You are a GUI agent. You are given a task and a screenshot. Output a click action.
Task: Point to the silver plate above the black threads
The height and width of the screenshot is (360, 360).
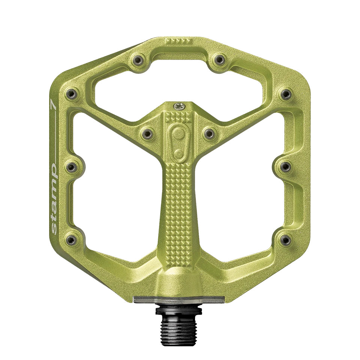coord(179,298)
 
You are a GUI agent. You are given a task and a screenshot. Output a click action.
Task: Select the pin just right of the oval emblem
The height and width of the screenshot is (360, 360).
coord(209,133)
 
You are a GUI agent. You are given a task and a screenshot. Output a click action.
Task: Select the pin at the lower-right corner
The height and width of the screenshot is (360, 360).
coord(286,239)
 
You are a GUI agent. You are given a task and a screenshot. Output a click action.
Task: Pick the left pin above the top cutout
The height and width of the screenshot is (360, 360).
coord(138,59)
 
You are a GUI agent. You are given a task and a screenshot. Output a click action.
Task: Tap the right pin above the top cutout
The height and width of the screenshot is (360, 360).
coord(220,59)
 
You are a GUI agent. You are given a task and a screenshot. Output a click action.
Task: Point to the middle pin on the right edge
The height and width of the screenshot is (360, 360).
coord(286,166)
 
